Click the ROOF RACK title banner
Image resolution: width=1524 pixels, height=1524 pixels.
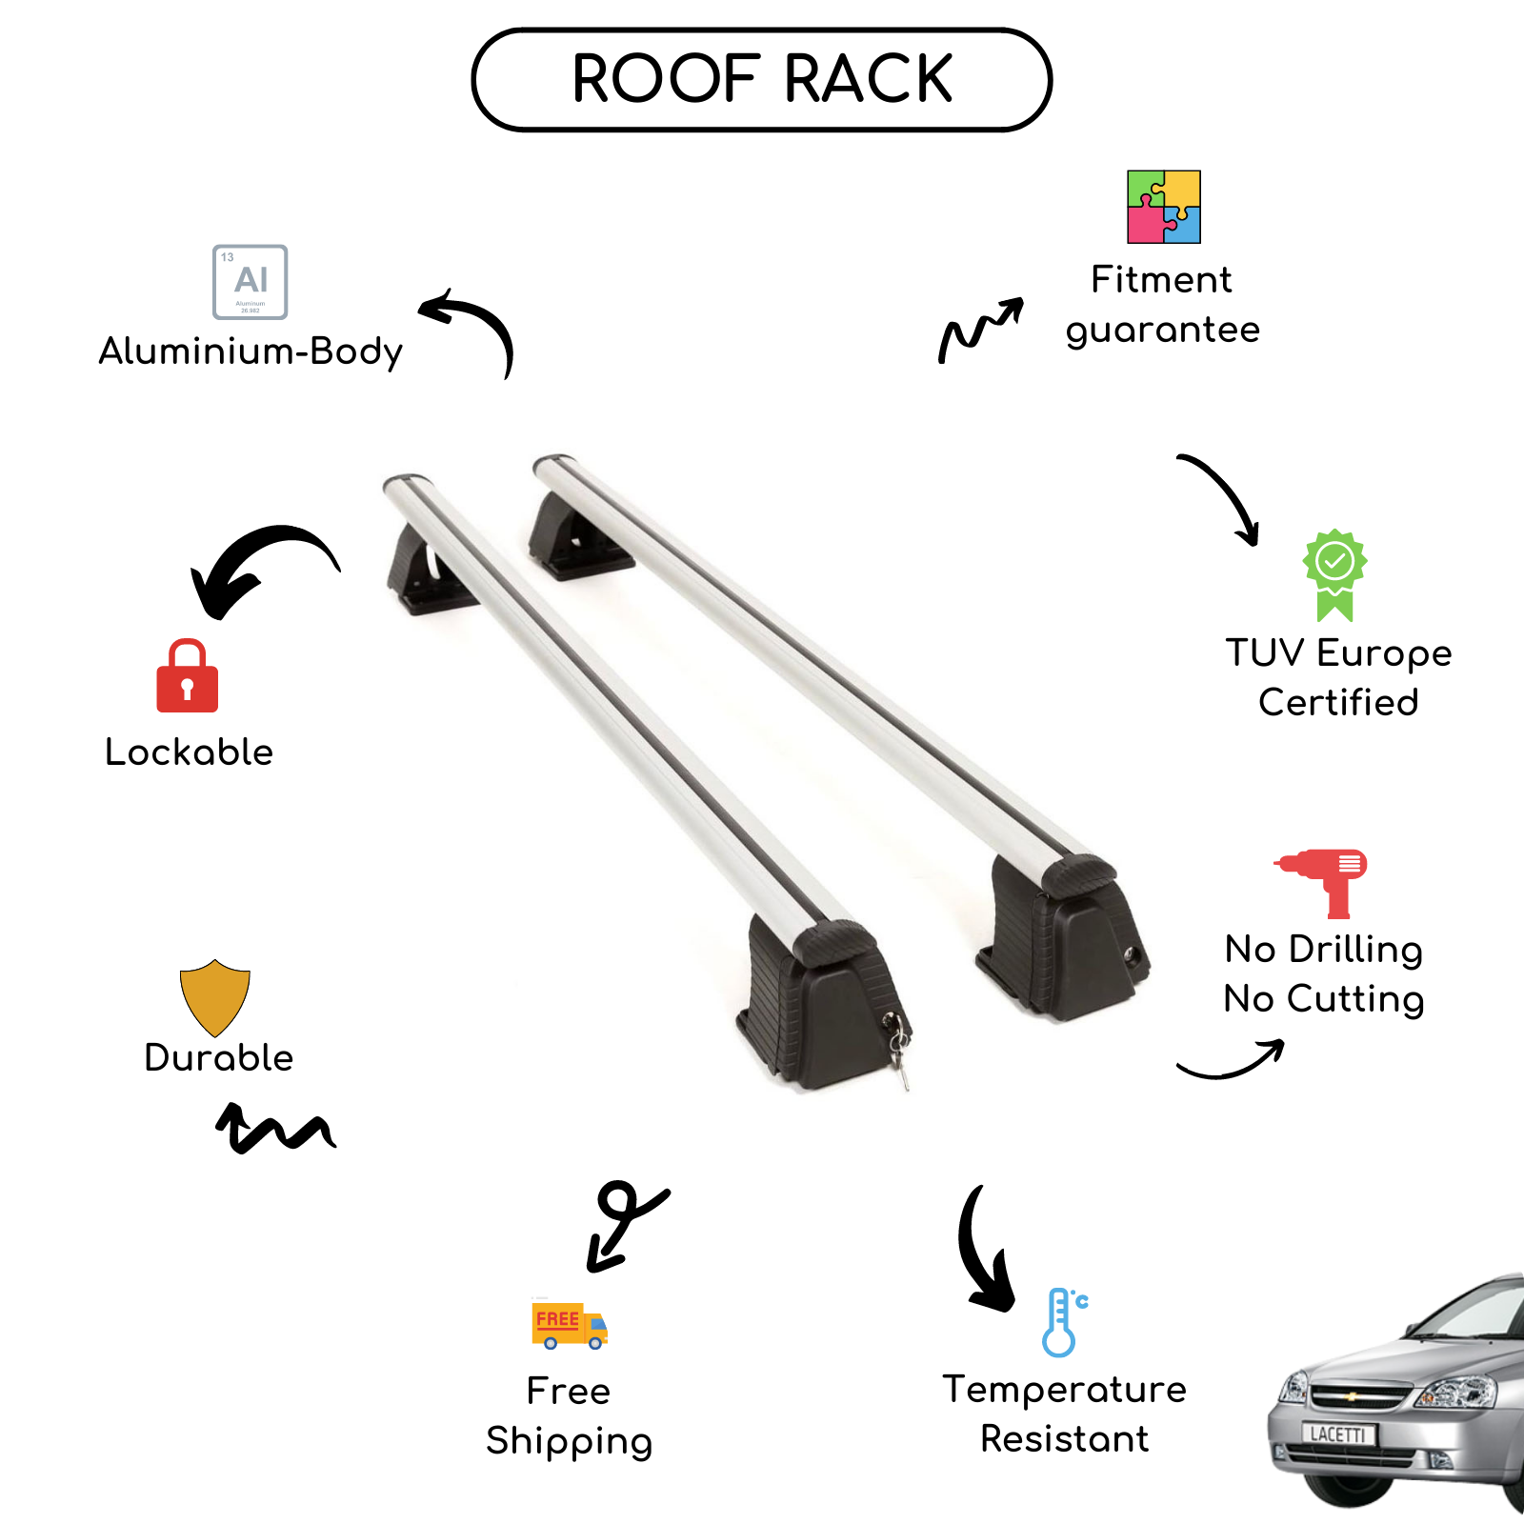click(762, 79)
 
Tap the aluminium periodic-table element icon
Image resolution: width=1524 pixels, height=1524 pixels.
click(251, 282)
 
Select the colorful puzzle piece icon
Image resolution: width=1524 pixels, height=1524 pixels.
click(1164, 207)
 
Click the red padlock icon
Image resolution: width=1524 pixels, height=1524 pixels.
click(188, 676)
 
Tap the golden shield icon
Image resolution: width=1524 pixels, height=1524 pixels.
click(215, 997)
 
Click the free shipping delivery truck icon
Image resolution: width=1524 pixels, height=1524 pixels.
click(569, 1325)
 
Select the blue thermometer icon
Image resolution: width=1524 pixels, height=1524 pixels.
click(1064, 1322)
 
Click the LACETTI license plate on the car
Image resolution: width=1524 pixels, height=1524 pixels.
click(1338, 1434)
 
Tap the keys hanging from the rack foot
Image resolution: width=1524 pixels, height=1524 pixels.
click(897, 1050)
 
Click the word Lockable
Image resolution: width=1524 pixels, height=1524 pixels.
click(190, 752)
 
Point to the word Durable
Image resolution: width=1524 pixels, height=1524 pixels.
click(219, 1058)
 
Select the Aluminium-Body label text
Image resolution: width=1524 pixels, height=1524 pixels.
click(251, 351)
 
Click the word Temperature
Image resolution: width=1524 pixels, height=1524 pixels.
click(1065, 1390)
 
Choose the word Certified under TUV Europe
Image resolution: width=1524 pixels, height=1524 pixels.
click(1338, 703)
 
